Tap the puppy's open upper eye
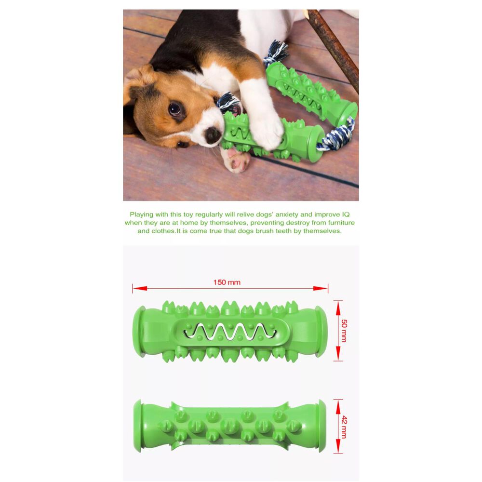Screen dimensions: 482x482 174,109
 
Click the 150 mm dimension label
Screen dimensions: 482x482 227,282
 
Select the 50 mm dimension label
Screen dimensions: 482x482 344,331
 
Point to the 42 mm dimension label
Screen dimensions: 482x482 344,427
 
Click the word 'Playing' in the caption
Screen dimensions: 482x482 141,215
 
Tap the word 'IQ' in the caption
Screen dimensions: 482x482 346,214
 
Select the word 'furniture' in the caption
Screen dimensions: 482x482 341,223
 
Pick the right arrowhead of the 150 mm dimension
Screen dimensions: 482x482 321,288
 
